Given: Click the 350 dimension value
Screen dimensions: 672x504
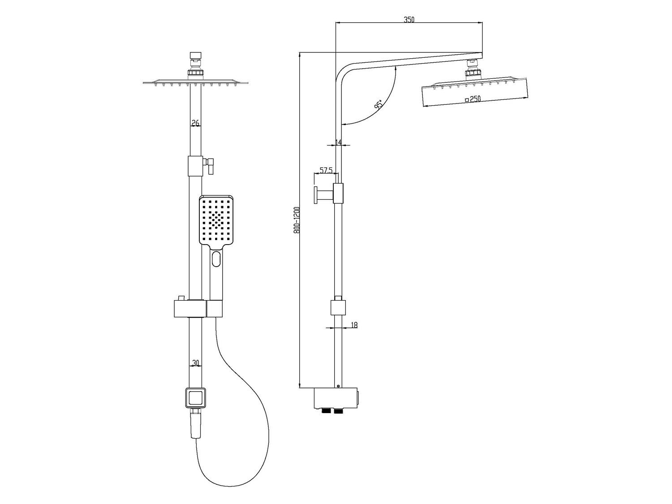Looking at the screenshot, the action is (x=409, y=20).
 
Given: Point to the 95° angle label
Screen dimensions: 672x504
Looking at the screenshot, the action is (x=379, y=105).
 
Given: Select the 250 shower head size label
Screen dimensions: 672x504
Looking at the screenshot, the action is (x=473, y=99).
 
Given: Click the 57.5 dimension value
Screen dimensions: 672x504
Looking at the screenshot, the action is (x=326, y=170).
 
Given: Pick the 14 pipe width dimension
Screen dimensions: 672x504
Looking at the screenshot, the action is (x=338, y=142).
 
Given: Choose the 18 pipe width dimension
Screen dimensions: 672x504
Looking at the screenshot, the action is (x=354, y=325).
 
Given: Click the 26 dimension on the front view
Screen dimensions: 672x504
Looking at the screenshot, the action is (x=195, y=123).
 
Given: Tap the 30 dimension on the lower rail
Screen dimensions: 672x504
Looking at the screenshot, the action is (x=195, y=363).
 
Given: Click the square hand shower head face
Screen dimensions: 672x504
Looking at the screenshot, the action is (x=216, y=220).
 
